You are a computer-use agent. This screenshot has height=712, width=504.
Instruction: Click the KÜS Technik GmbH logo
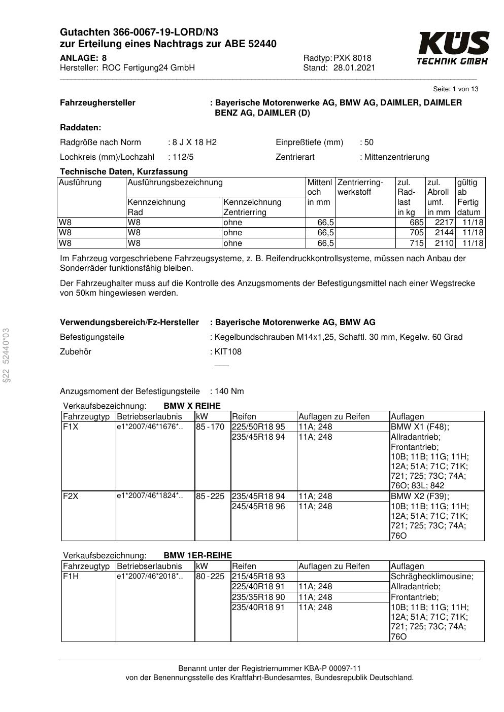(x=453, y=48)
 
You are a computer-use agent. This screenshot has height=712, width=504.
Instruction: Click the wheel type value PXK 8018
(x=352, y=58)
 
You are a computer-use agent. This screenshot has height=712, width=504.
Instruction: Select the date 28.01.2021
(x=354, y=67)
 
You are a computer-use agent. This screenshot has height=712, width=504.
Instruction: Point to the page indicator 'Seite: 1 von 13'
(x=455, y=89)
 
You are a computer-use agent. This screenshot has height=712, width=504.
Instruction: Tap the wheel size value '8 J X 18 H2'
(x=194, y=142)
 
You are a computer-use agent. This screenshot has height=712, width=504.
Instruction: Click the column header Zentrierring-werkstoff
(x=360, y=187)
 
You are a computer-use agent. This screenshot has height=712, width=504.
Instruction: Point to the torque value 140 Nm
(x=229, y=391)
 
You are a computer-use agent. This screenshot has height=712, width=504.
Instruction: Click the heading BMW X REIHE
(x=192, y=406)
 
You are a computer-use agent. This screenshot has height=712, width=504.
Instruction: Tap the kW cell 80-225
(x=210, y=576)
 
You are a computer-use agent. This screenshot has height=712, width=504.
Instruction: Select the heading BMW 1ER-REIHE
(x=197, y=555)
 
